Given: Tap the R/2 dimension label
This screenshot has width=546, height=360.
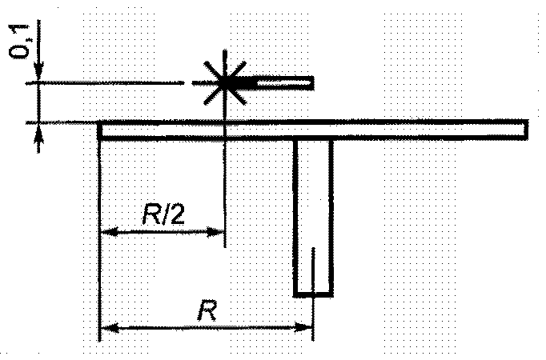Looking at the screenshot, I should [x=162, y=214].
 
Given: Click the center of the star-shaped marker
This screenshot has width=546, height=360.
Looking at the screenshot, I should [x=225, y=82].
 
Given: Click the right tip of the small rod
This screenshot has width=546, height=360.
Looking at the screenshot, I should [x=311, y=82].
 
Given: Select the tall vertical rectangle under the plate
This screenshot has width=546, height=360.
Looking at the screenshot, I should [x=313, y=216].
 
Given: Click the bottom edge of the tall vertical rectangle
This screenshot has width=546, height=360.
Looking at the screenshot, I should [x=313, y=294].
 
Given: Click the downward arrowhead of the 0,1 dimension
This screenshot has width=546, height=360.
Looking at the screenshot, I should [x=38, y=75].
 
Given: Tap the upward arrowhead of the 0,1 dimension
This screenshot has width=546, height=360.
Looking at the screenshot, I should [x=38, y=131].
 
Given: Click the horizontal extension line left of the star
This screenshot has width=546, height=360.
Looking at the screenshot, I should [x=112, y=82].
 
